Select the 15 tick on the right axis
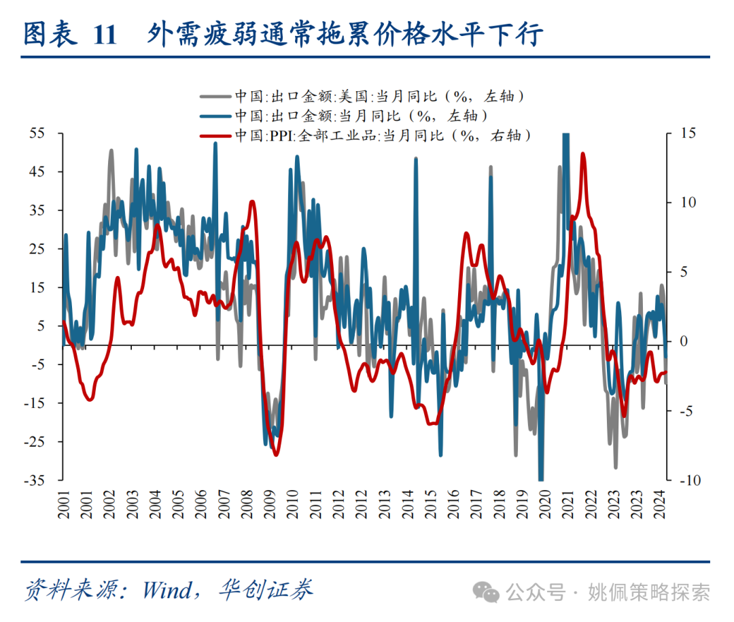tap(680, 133)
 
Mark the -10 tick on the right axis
tap(682, 480)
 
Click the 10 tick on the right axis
tap(680, 203)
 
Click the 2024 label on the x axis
tap(659, 504)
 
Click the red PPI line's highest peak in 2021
tap(582, 154)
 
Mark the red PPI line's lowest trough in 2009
tap(276, 454)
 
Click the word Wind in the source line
tap(167, 589)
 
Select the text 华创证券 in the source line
tap(266, 589)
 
